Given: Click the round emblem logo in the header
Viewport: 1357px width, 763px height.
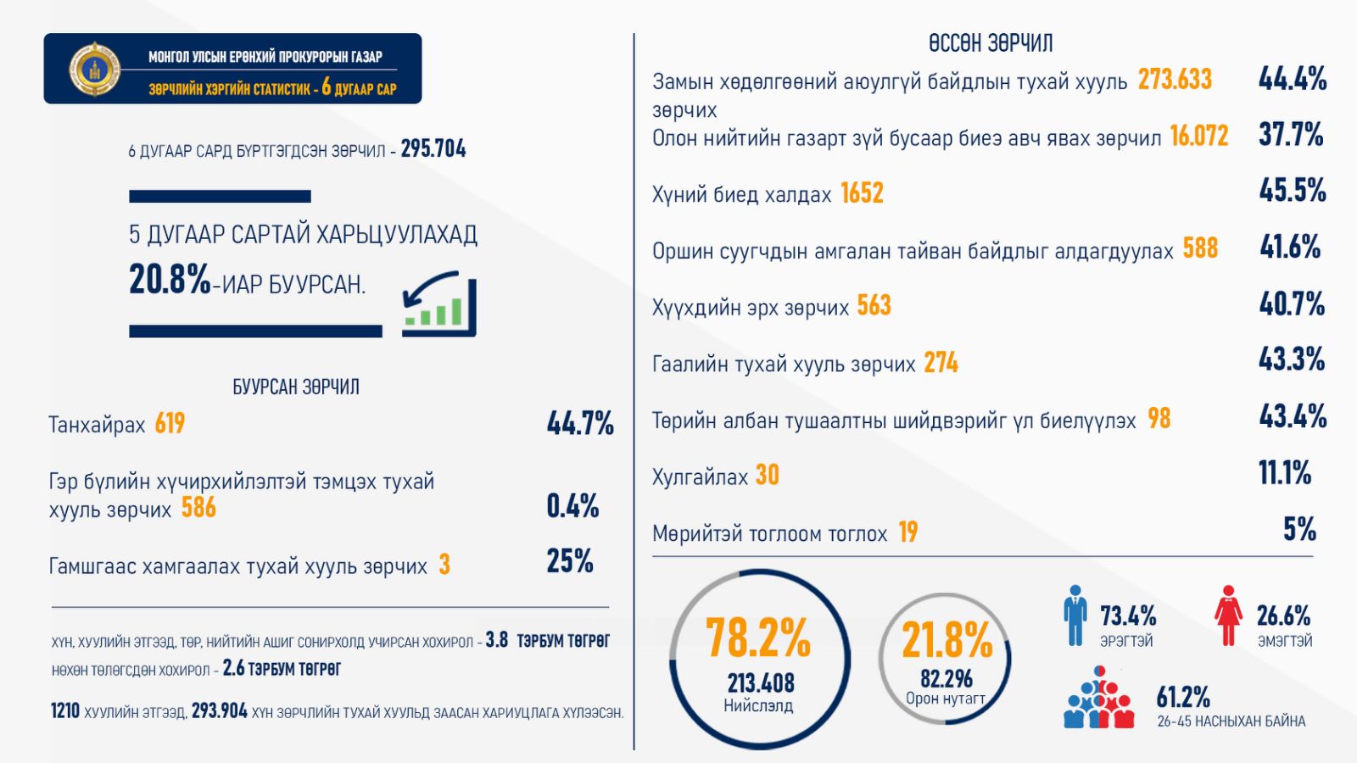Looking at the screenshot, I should (x=94, y=69).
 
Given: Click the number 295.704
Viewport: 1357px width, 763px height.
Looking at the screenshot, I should (x=433, y=149).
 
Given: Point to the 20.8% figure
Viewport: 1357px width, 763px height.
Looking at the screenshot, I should (x=170, y=279).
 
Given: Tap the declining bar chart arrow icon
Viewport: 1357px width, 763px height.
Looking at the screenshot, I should (x=438, y=304).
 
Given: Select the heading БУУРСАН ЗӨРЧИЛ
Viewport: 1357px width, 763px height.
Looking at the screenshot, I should (x=296, y=387).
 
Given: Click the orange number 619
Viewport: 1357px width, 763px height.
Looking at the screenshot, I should (x=170, y=423).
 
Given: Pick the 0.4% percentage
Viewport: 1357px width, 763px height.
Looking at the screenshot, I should (x=572, y=506).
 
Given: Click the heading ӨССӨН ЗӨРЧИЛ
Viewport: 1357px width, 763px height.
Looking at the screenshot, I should (x=991, y=42).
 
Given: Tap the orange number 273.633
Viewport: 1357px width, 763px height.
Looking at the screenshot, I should (x=1175, y=80).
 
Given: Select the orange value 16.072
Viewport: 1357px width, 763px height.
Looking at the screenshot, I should (x=1198, y=136).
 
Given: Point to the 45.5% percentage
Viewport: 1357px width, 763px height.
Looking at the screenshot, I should (x=1293, y=190).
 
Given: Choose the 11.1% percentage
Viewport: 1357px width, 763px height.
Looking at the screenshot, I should (x=1285, y=473).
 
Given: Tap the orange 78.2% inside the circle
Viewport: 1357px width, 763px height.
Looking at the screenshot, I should (x=758, y=638).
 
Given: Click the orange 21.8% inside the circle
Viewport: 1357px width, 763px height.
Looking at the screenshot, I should (x=947, y=639).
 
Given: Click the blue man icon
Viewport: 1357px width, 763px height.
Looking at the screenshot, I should (x=1075, y=616).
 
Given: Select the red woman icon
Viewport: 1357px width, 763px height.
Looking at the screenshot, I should (x=1227, y=616).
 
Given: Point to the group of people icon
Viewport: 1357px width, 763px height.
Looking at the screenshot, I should (x=1098, y=699).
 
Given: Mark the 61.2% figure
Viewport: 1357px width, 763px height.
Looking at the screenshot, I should (x=1183, y=698).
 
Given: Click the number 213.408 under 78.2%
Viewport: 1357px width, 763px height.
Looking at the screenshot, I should (x=760, y=682).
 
